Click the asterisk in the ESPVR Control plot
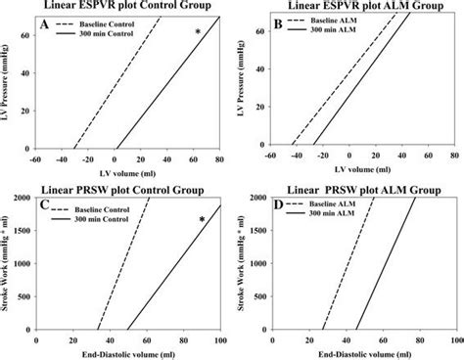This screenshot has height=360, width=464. (x=198, y=33)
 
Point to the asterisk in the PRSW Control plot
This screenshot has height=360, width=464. (x=202, y=220)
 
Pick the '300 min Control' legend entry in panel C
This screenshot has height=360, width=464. (x=108, y=213)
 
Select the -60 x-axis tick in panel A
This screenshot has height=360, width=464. (x=36, y=158)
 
